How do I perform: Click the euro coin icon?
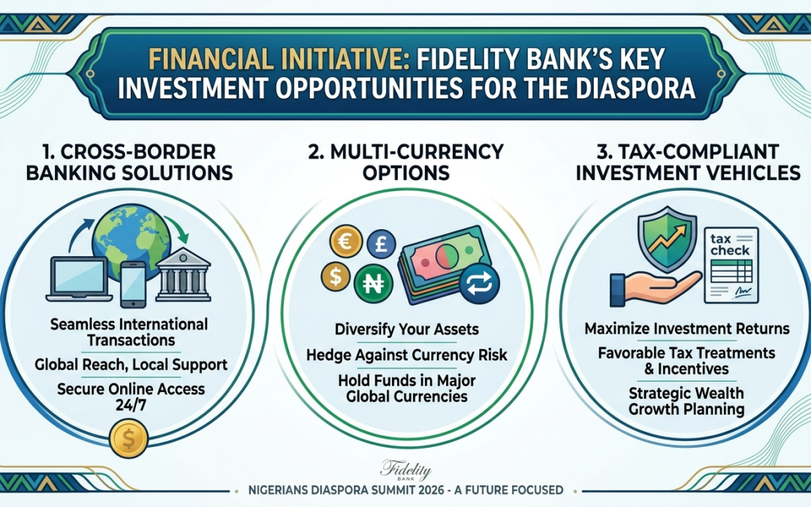345,241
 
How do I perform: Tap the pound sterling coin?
381,243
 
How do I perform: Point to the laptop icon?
80,279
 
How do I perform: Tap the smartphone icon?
134,285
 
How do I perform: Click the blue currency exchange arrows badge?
479,284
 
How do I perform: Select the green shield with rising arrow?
668,239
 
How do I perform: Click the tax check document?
731,265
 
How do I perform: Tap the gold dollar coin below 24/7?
129,439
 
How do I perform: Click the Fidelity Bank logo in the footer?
405,470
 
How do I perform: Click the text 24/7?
131,406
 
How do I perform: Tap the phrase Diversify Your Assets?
406,330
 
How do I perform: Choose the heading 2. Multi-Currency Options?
406,162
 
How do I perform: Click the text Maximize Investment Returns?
687,329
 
